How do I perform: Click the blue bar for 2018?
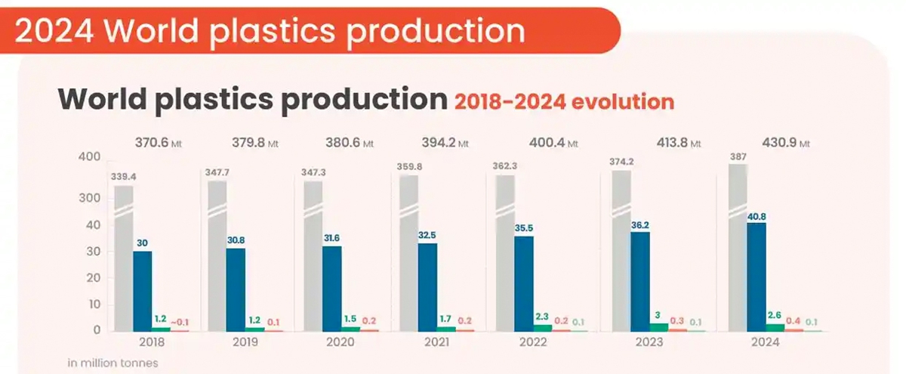142,291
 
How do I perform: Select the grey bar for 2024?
737,249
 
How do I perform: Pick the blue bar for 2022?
523,283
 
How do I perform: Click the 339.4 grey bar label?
124,176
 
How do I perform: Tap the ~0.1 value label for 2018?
179,323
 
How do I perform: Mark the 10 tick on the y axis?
94,304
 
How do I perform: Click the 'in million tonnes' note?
113,363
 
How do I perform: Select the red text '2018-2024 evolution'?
564,102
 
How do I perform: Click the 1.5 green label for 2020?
350,320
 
